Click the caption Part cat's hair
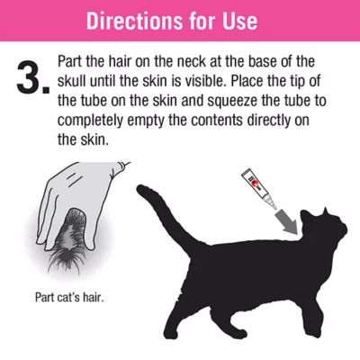[x=64, y=295]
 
